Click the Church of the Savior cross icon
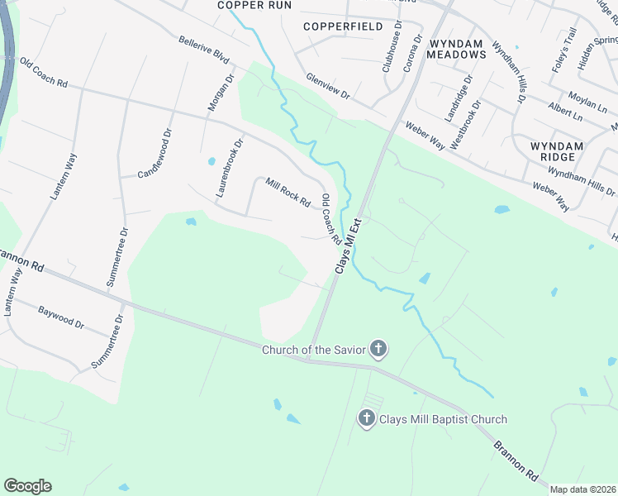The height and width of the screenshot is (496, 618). (378, 349)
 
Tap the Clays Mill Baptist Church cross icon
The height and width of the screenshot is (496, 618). (367, 419)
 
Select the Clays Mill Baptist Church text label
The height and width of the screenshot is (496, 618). (443, 419)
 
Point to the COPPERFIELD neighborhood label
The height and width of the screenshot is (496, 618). (343, 26)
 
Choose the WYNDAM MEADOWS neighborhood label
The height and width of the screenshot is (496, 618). (457, 47)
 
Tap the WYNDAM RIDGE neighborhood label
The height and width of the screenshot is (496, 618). (556, 152)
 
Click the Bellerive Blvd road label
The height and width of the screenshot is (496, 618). (203, 50)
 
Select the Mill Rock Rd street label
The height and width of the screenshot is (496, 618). (288, 192)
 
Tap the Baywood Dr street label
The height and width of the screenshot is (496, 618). (61, 317)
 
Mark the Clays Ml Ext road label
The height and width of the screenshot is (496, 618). (348, 246)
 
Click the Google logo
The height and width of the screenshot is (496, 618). (27, 485)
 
